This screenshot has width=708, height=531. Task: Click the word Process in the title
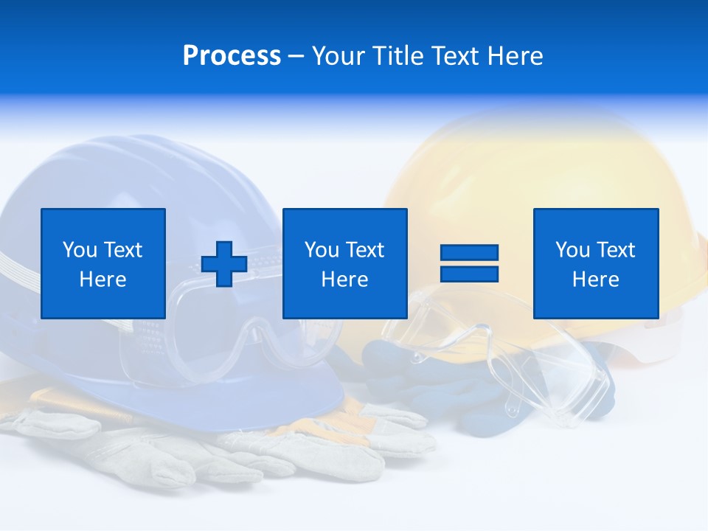point(232,56)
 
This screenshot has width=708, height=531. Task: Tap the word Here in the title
point(513,56)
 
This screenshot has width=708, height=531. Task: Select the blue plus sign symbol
point(224,264)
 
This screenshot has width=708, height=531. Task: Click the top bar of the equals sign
point(469,253)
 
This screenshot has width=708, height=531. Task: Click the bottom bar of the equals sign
point(469,274)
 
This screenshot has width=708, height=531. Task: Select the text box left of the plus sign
point(103,263)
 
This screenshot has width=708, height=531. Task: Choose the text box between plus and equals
point(344,263)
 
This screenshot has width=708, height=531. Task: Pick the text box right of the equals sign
point(595,263)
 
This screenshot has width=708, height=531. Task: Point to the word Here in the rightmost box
point(595,280)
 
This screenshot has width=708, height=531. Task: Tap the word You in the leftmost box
point(80,250)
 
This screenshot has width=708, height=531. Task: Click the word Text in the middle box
point(364,250)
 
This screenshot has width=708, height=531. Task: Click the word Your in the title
point(339,56)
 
